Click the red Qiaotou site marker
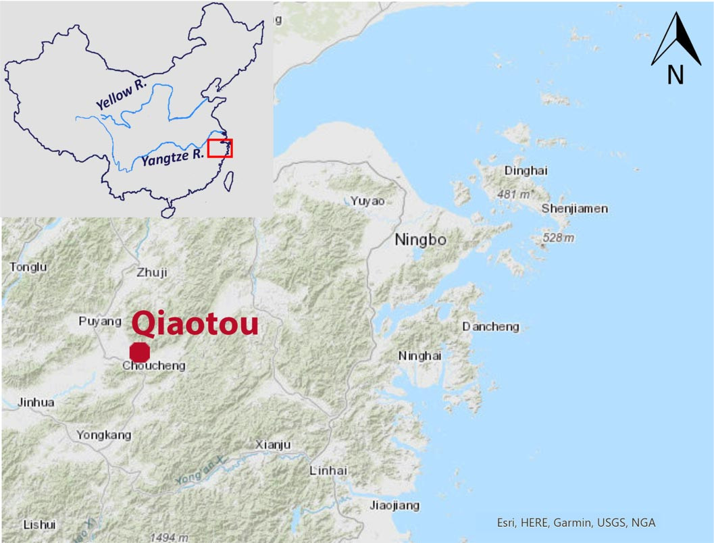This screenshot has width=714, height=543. coord(140,352)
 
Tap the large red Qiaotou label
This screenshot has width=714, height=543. coord(195,325)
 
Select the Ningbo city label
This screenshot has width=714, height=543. coord(420,240)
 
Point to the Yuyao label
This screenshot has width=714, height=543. coord(367,201)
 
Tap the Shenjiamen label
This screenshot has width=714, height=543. coord(574,209)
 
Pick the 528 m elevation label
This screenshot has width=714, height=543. coord(559,238)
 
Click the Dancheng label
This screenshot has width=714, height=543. coord(490,327)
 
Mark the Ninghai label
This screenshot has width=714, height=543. coord(419,356)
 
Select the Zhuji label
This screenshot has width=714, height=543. coord(151,273)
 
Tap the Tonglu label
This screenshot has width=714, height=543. coord(28,267)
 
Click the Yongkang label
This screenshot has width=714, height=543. coord(104,436)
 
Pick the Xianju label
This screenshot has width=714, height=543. coord(273,444)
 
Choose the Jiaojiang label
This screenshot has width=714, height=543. coord(394,505)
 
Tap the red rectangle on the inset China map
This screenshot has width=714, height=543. coord(220,148)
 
